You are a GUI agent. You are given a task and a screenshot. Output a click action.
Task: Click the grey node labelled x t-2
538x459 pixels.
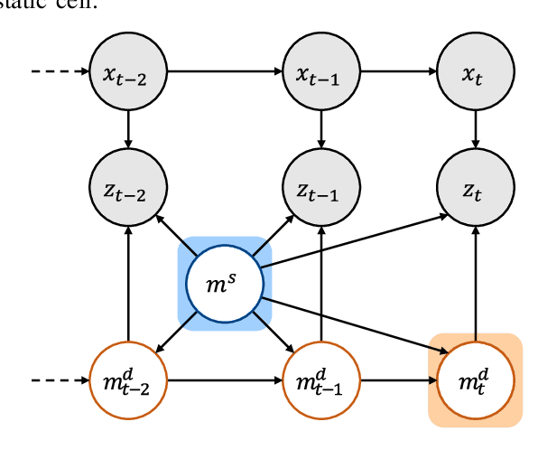128,71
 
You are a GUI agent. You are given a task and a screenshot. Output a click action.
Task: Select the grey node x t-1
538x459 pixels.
322,71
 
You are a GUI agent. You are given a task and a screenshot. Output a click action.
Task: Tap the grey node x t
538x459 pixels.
475,71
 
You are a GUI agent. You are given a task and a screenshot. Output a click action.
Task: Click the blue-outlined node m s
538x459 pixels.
225,284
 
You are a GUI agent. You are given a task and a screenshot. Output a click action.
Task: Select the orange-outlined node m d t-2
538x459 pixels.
128,380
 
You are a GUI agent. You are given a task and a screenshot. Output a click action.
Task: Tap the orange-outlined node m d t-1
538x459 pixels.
322,380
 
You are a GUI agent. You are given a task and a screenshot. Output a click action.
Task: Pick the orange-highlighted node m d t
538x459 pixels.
475,380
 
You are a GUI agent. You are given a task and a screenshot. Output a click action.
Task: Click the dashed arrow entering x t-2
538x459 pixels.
60,71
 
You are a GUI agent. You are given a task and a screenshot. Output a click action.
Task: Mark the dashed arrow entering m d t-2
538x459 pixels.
60,380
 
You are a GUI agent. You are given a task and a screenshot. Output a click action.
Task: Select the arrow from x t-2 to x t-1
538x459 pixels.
225,71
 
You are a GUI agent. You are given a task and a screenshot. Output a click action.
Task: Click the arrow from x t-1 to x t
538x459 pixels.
398,71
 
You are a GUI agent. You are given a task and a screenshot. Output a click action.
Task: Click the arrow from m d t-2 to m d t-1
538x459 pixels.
225,380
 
